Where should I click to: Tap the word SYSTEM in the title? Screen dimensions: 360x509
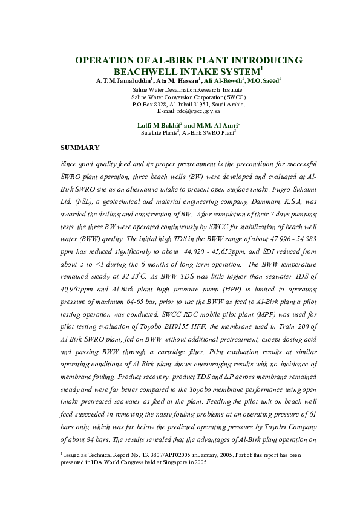point(224,71)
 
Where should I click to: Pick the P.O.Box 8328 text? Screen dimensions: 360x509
point(150,104)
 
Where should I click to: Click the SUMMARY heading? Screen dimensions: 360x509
point(81,148)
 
